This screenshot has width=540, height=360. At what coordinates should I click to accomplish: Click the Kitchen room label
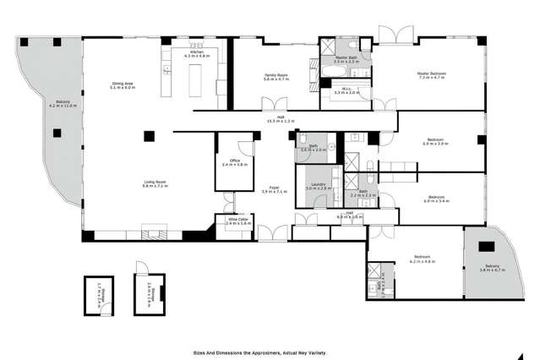point(197,54)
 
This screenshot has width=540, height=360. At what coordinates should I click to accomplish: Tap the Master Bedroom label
point(431,76)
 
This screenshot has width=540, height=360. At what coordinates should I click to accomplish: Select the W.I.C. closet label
point(347,90)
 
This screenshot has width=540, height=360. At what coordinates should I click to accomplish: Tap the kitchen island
point(197,76)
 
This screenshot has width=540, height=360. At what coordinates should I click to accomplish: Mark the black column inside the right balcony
point(486,248)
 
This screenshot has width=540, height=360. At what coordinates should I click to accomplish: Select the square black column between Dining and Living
point(148,135)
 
